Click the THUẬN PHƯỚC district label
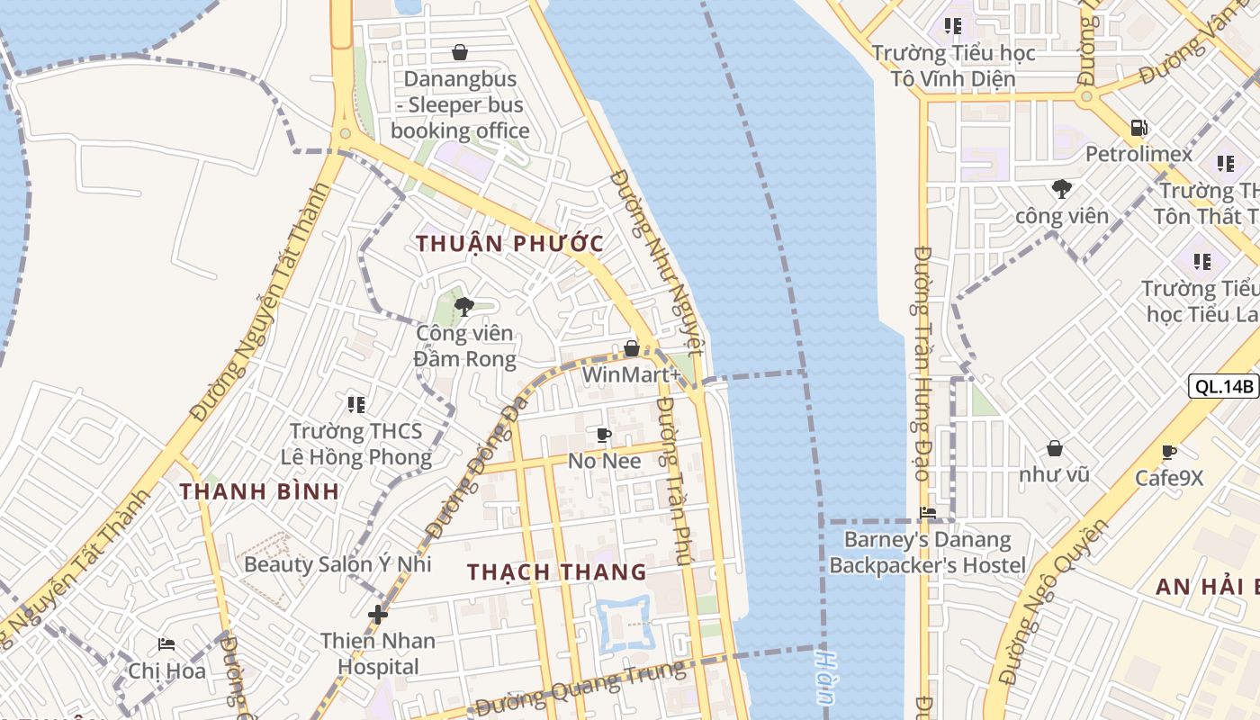coord(509,243)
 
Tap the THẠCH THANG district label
coord(557,571)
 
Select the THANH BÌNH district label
coord(259,491)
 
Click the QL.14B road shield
coord(1223,386)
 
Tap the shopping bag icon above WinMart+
coord(632,348)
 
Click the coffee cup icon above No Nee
coord(604,436)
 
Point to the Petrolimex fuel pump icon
coord(1138,128)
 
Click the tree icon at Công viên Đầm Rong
coord(464,307)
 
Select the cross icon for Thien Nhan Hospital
coord(378,615)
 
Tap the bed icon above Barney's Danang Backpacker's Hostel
coord(928,513)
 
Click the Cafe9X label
coord(1169,478)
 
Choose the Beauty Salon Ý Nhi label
coord(337,564)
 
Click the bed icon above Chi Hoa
coord(166,644)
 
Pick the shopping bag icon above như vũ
coord(1054,447)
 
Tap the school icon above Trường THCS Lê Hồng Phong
coord(356,405)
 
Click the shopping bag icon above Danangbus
coord(460,52)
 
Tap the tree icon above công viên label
coord(1062,189)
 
